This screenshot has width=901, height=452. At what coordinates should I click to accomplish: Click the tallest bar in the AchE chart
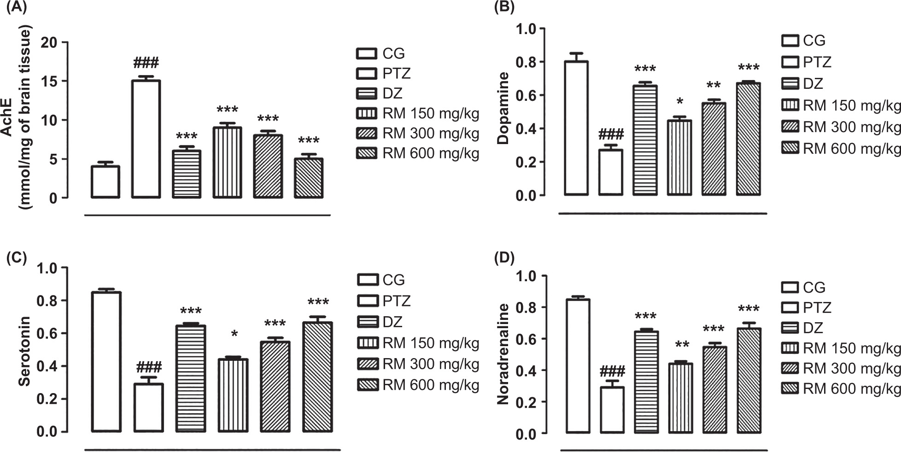tap(146, 139)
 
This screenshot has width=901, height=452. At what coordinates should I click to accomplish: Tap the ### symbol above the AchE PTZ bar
tap(146, 63)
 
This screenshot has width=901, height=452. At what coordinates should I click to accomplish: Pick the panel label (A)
tap(16, 7)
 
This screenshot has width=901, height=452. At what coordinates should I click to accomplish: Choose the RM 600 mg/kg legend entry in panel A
tap(418, 153)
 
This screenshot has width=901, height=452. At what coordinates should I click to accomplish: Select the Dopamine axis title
tap(503, 108)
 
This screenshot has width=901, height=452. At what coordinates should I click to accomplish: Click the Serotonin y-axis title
tap(24, 351)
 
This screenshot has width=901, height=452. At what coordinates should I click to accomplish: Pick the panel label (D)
tap(504, 258)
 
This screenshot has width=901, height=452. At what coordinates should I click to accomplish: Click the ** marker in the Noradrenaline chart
tap(682, 345)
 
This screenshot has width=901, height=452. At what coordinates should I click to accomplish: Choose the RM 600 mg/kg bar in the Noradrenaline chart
tap(749, 380)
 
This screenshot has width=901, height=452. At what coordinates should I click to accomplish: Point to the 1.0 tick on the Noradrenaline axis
tap(527, 276)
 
